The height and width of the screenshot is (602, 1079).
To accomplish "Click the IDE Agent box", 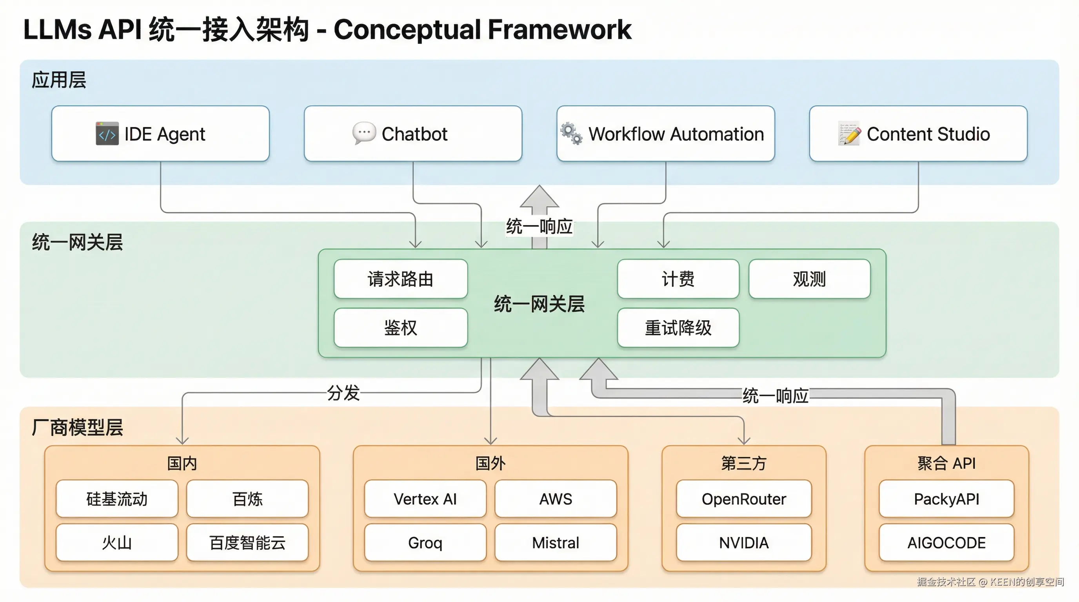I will (x=160, y=134).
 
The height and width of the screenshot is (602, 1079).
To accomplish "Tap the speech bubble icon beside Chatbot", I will (x=363, y=133).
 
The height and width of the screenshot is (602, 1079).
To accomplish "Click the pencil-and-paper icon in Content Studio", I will (x=849, y=134).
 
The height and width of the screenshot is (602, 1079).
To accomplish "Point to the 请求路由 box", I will (x=400, y=279).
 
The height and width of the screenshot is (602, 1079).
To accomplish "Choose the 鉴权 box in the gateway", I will (x=400, y=327).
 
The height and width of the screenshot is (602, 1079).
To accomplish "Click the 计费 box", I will (x=678, y=279).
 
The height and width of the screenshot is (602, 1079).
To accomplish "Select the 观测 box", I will (x=809, y=279).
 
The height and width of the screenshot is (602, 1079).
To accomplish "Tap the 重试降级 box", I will (x=678, y=327).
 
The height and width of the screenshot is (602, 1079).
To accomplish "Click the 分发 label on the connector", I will (x=343, y=393).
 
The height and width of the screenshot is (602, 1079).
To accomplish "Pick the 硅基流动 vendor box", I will (x=117, y=499).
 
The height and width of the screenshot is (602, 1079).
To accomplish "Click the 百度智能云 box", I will (x=247, y=542).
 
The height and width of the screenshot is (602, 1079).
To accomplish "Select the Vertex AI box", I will (x=425, y=499).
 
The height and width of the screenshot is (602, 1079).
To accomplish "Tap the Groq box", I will (x=425, y=542).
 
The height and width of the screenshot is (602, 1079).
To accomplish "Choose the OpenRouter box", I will (x=743, y=499).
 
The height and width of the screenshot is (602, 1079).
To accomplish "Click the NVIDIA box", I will (x=743, y=542).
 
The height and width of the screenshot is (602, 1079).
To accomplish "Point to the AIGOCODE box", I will (x=946, y=542).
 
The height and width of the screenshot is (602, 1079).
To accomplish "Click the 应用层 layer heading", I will (x=59, y=80).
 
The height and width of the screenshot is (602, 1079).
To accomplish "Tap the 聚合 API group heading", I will (x=946, y=463).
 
